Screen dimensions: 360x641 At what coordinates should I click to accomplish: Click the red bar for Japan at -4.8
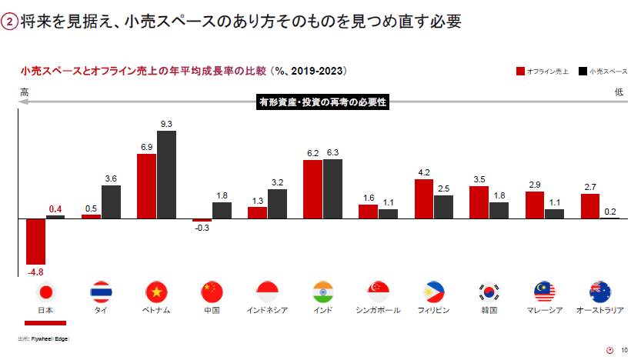pos(36,242)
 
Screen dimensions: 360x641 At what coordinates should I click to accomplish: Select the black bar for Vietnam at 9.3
pos(166,175)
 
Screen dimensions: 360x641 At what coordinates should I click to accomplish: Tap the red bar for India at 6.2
pos(313,189)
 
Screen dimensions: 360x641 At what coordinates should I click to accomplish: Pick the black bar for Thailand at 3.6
pos(111,202)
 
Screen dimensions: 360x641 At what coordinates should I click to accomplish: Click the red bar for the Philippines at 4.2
pos(424,199)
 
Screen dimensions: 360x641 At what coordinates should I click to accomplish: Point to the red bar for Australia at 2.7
pos(590,206)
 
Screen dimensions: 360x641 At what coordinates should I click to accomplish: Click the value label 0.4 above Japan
pos(55,208)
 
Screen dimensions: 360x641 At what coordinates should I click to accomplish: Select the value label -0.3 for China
pos(202,228)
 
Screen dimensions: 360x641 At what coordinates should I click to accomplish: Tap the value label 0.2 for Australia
pos(609,211)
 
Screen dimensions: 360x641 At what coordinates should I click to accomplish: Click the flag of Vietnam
pos(156,292)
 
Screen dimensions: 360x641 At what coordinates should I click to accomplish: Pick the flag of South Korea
pos(489,292)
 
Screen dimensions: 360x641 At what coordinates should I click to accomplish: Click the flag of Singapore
pos(378,292)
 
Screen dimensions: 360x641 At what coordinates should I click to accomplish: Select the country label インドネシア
pos(267,310)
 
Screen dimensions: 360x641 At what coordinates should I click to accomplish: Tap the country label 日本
pos(45,310)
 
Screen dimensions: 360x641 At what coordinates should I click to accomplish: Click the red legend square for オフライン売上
pos(521,72)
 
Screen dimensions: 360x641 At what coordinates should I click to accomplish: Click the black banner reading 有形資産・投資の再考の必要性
pos(322,102)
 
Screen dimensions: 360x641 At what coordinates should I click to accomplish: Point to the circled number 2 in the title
pos(9,22)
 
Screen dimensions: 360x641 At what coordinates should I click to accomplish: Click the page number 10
pos(624,350)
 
